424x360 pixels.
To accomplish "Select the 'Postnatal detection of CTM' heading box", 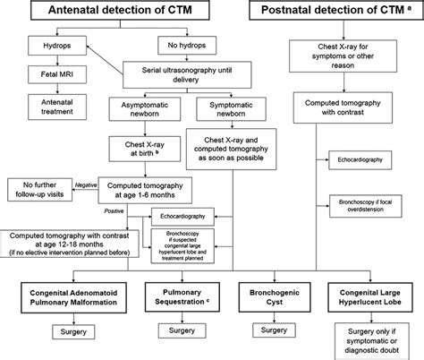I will [x=345, y=13].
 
